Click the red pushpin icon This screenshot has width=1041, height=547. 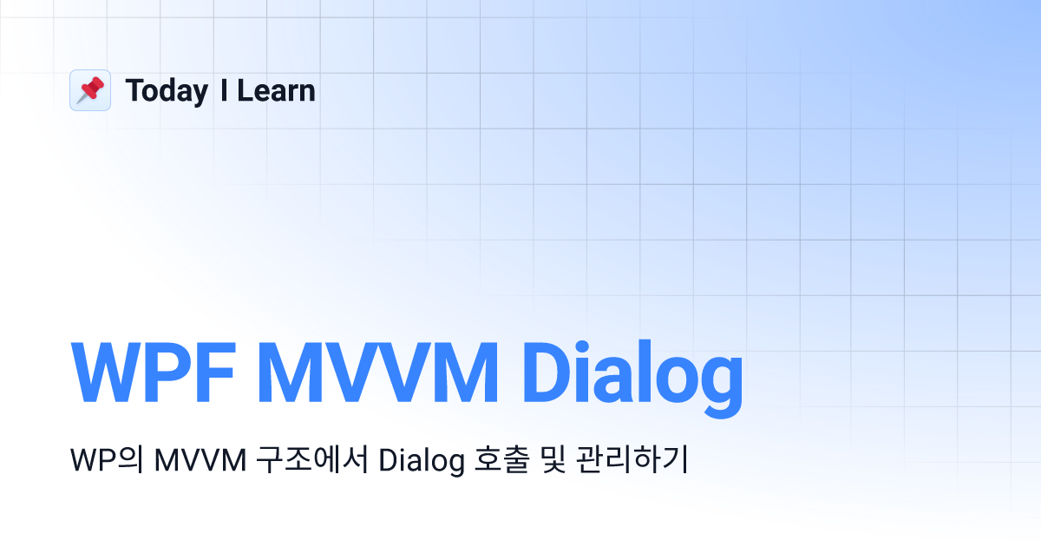90,90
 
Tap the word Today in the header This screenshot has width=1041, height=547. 167,92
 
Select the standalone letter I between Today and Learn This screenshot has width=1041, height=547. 224,90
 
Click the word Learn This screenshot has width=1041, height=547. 276,90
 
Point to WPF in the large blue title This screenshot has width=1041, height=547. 154,372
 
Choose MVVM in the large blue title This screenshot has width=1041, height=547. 377,372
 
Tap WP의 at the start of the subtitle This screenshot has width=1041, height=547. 107,460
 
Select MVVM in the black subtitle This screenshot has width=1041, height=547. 200,460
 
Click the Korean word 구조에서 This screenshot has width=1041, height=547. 312,459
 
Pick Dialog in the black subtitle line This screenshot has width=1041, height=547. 422,461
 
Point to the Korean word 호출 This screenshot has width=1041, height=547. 502,459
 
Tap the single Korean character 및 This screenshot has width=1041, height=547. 553,459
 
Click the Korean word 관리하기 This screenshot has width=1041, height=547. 632,459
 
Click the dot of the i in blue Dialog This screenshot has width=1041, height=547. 582,348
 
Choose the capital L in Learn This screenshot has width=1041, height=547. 246,90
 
